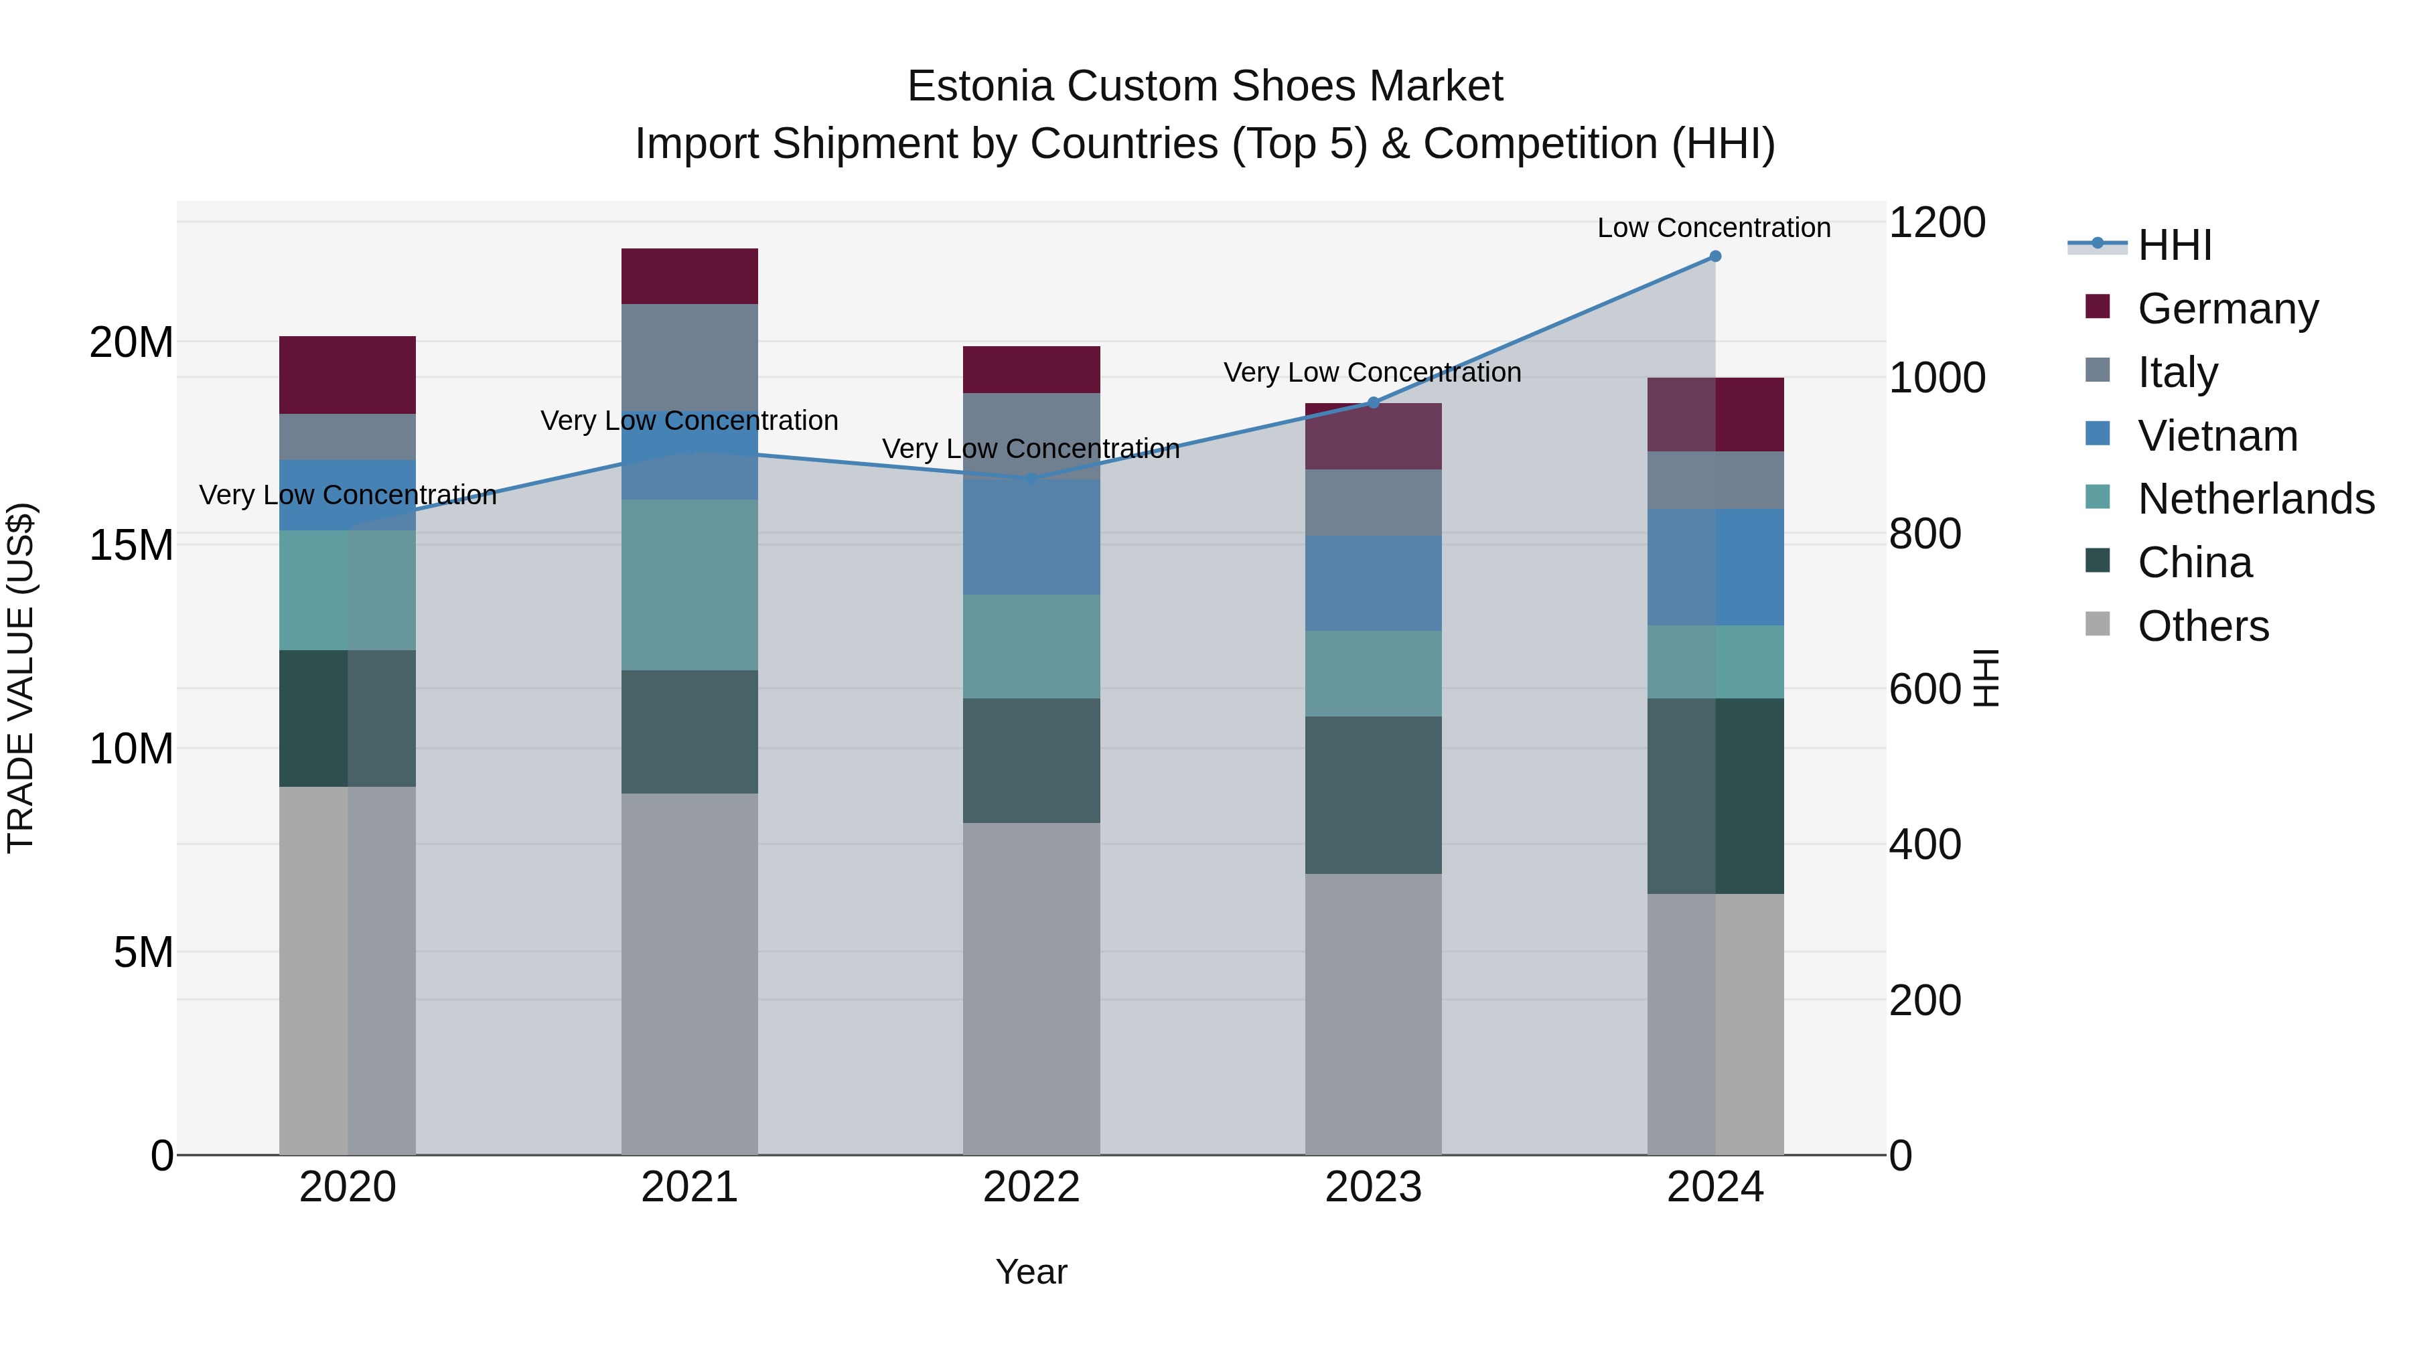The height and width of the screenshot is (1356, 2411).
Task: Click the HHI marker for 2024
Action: (x=1714, y=256)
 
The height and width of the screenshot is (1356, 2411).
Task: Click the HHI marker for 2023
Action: (x=1373, y=402)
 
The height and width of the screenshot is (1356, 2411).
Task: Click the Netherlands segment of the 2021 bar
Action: (x=689, y=584)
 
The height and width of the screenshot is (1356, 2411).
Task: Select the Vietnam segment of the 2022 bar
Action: (x=1031, y=536)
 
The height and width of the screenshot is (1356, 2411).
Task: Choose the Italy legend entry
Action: (x=2177, y=372)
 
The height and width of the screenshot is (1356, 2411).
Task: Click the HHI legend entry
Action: (x=2174, y=245)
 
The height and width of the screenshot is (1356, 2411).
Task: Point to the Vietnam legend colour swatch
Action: (x=2098, y=434)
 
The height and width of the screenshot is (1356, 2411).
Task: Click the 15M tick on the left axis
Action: (x=131, y=544)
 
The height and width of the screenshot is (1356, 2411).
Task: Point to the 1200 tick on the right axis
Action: (x=1936, y=223)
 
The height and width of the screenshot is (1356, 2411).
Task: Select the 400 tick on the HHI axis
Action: (x=1924, y=844)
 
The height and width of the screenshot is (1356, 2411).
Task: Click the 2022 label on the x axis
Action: (x=1031, y=1187)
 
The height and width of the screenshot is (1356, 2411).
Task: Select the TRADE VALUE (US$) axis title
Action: (x=21, y=678)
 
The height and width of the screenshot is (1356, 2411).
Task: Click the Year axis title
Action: (x=1031, y=1272)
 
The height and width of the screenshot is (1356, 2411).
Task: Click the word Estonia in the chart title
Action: (x=979, y=86)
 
